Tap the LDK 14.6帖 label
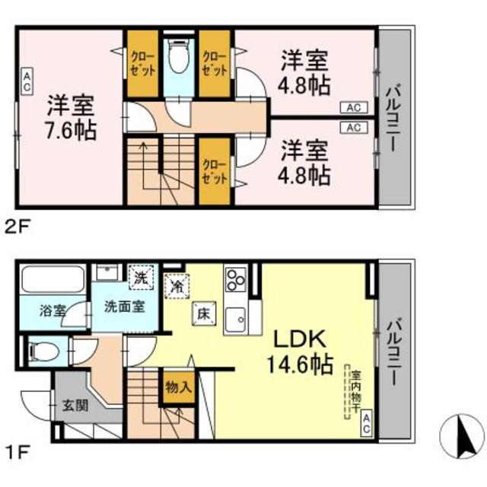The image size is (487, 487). point(299,352)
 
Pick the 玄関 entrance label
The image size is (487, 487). point(73,404)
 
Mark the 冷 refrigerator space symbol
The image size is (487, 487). point(175,286)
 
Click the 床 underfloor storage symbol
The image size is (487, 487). point(203,311)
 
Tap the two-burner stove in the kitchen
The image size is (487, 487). point(235,279)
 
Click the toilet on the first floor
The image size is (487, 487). point(43,351)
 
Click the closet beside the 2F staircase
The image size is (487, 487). point(215,170)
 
